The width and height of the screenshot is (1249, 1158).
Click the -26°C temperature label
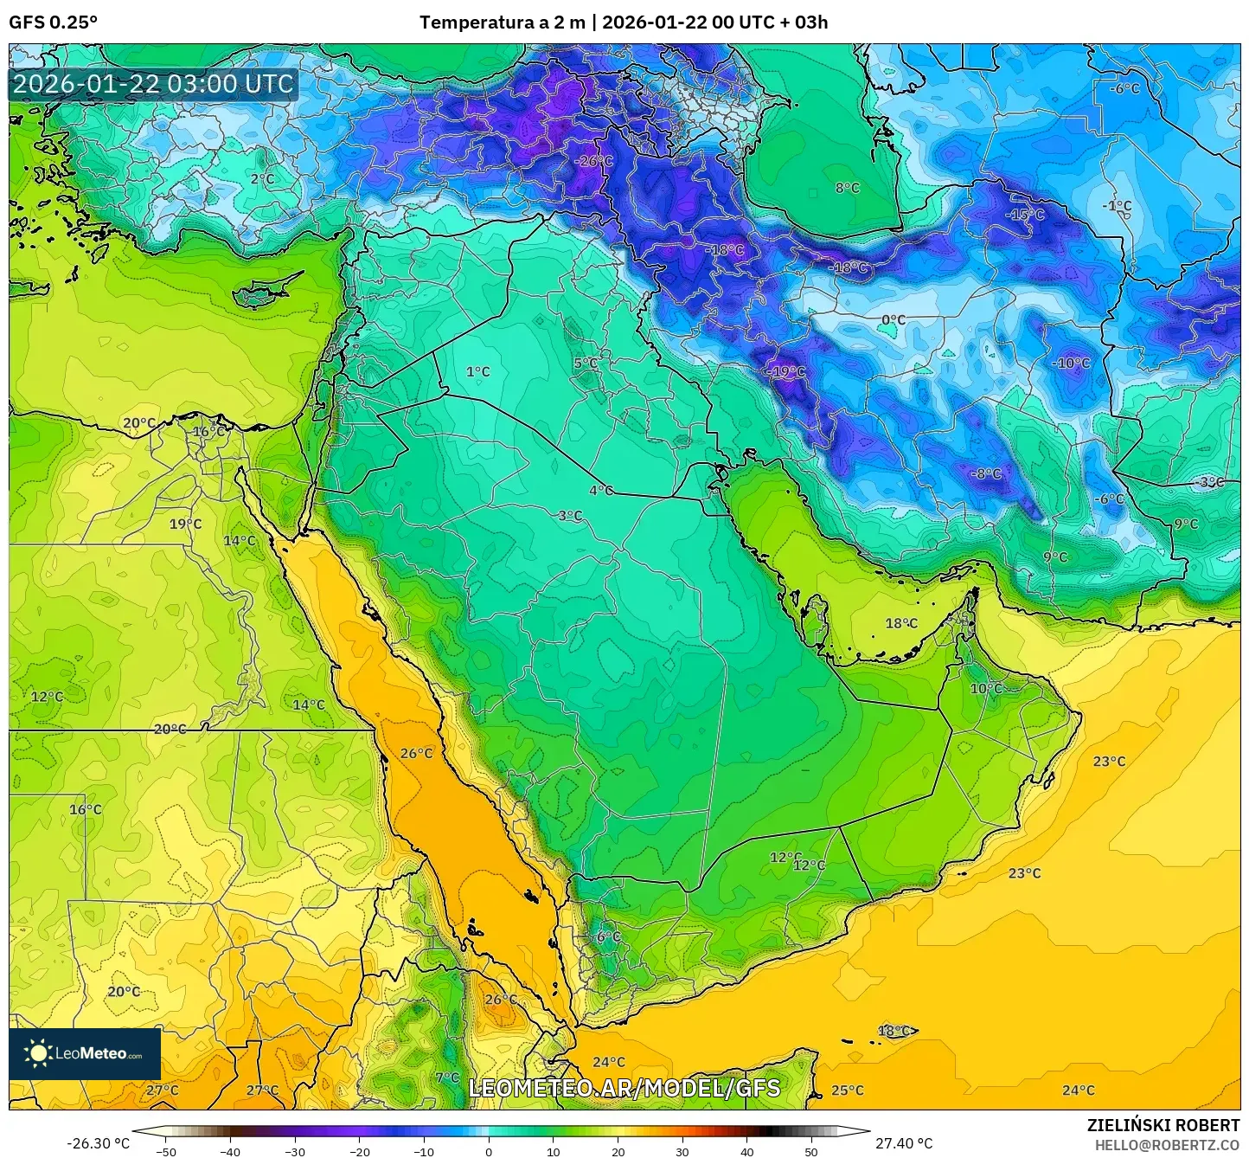(593, 161)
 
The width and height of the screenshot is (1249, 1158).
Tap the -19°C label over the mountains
(785, 371)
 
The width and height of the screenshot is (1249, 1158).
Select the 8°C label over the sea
(847, 188)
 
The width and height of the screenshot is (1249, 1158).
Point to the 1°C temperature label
(477, 371)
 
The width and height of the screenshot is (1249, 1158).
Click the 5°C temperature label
(586, 363)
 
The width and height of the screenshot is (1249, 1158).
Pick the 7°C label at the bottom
(447, 1078)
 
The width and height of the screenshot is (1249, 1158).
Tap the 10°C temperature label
(985, 689)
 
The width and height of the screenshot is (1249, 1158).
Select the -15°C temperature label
(1025, 215)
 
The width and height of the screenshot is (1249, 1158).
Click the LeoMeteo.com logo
(85, 1053)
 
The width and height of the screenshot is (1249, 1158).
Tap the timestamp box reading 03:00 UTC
(153, 84)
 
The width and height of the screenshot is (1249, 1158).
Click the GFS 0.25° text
(53, 23)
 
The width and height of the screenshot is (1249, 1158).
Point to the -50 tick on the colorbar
(166, 1152)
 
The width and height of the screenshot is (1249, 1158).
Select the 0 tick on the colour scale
(489, 1152)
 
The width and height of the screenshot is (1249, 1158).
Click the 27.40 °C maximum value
(904, 1143)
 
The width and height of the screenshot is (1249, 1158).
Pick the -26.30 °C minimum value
(98, 1143)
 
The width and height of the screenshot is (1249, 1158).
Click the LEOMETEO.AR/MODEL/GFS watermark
(624, 1088)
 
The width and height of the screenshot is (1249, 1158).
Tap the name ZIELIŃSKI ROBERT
(1163, 1125)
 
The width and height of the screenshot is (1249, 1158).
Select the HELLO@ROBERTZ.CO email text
(1167, 1144)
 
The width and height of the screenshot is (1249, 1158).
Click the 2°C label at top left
(262, 179)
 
